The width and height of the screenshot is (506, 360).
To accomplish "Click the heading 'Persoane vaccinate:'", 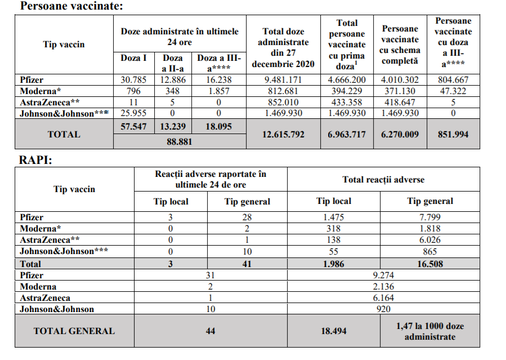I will [71, 6].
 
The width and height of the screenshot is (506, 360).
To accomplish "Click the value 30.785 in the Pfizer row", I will [134, 80].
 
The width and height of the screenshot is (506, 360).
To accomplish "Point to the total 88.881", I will [180, 142].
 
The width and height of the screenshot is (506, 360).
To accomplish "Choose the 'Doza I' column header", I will [134, 58].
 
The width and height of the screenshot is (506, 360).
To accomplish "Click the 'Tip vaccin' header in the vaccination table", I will [64, 44].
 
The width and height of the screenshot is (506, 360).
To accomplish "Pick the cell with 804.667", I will [453, 80].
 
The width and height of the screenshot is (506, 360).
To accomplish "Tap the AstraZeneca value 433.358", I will [347, 102].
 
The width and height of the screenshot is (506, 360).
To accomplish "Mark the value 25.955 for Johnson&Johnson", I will [134, 113].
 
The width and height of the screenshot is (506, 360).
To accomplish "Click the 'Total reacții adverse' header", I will [383, 180].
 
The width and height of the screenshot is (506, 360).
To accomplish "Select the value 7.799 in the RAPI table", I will [429, 217].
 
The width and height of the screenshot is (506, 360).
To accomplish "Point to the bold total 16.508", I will [429, 263].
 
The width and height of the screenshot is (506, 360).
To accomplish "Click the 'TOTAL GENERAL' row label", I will [74, 331].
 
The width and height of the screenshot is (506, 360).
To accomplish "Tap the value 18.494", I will [334, 331].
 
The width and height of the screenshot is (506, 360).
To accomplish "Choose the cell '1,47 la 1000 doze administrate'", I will [429, 331].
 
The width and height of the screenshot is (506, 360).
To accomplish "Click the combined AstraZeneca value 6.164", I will [383, 297].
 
